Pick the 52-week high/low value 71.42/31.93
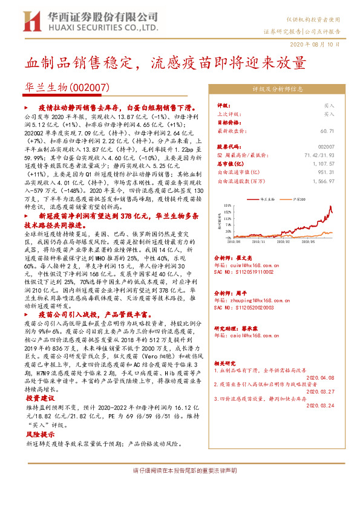click(x=318, y=155)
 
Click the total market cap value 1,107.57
click(x=323, y=163)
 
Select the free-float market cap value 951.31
click(x=326, y=172)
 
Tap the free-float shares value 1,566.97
click(x=323, y=180)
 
